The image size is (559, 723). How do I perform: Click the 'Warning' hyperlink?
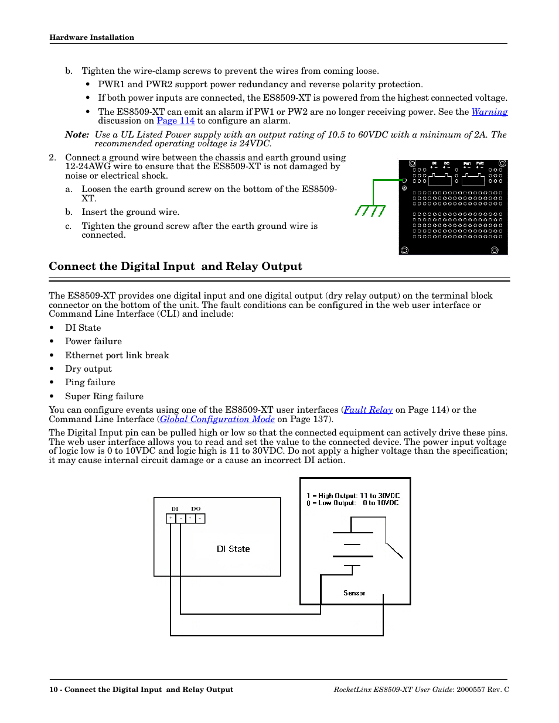tap(489, 112)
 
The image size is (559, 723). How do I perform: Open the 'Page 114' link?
tap(175, 121)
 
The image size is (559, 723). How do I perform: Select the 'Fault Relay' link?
tap(368, 410)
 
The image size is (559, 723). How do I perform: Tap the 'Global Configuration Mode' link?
tap(217, 419)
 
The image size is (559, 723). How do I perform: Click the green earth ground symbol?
tap(370, 210)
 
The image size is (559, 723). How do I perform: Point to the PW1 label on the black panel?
tap(467, 164)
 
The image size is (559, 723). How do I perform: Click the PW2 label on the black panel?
tap(480, 164)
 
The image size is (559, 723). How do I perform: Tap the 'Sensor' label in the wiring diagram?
tap(354, 593)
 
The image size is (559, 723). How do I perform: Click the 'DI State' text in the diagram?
tap(233, 549)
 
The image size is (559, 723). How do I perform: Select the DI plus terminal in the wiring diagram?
tap(171, 518)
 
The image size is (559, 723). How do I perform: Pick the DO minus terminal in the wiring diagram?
tap(200, 518)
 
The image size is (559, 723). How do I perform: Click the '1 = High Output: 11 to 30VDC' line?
tap(353, 496)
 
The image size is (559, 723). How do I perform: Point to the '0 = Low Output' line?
tap(352, 503)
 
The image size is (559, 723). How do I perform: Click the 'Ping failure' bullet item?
tap(90, 382)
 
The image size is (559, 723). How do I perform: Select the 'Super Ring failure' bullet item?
tap(104, 396)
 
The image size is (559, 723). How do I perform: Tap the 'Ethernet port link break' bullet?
tap(117, 355)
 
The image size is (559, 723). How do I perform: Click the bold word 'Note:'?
tap(77, 135)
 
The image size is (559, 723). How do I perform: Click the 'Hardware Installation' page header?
tap(92, 37)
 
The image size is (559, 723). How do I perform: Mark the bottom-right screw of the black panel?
tap(495, 251)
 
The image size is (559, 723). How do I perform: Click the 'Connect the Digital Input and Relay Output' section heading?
tap(175, 266)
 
